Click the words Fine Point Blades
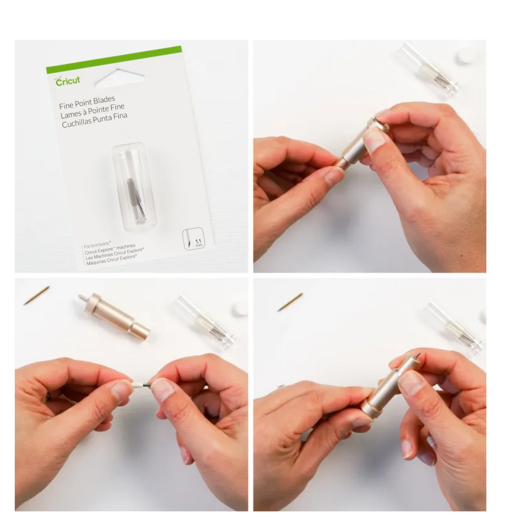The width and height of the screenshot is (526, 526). tap(87, 102)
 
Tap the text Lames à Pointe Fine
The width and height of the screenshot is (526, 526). tap(92, 110)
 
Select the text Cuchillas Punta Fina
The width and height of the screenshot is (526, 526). tap(94, 120)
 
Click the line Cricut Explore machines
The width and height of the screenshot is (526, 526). tap(110, 249)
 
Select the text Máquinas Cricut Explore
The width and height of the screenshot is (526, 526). tap(111, 260)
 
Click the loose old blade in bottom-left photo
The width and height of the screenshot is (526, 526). tap(36, 295)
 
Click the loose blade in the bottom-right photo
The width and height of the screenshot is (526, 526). tap(290, 301)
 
